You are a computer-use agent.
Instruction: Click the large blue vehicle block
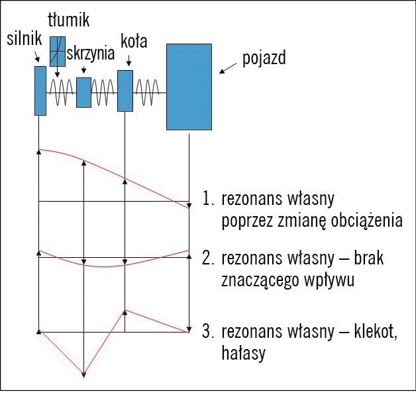(189, 87)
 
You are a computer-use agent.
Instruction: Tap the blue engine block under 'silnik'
(40, 91)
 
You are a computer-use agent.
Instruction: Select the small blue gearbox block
(83, 93)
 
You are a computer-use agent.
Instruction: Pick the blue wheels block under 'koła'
(125, 91)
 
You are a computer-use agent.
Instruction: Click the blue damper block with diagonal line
(58, 51)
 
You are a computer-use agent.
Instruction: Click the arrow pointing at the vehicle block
(227, 67)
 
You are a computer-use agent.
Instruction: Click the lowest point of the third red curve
(83, 377)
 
